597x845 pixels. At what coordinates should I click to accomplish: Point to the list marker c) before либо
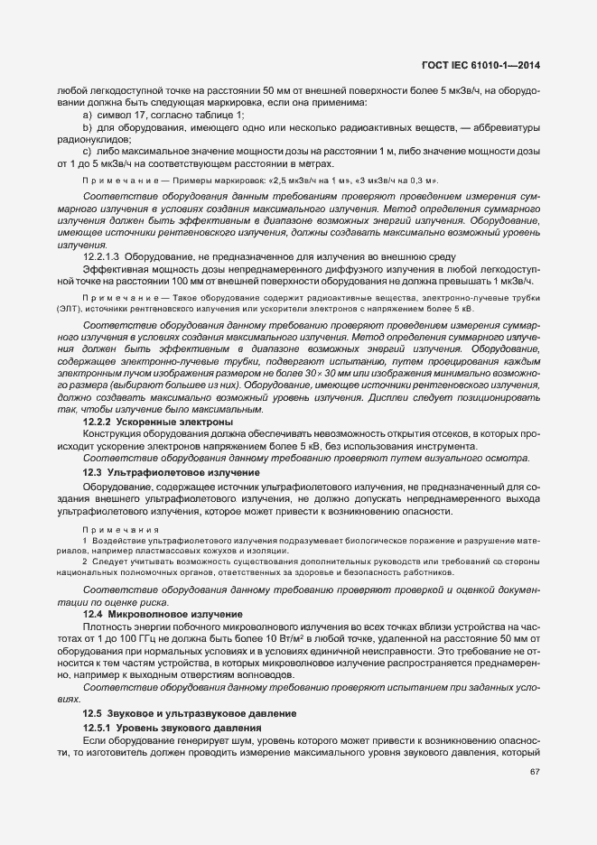coord(88,152)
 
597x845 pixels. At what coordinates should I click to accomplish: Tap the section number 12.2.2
coord(97,422)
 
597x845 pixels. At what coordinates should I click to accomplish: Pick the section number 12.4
coord(91,614)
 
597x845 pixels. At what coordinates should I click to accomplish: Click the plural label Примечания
coord(107,528)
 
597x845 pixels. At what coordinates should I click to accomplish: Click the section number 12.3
coord(91,472)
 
